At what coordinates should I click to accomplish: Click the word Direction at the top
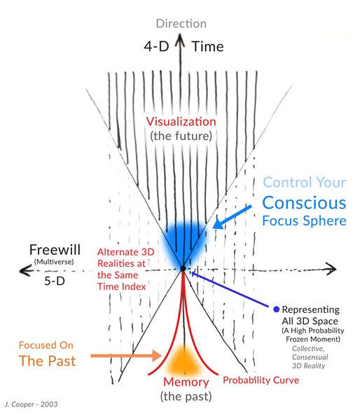point(181,24)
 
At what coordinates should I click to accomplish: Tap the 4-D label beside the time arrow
point(157,46)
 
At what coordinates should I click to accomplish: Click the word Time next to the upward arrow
point(208,47)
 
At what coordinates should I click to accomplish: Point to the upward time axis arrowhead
point(181,38)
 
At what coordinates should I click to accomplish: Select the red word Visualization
point(181,122)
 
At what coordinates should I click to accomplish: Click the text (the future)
point(181,136)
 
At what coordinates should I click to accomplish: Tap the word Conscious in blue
point(304,203)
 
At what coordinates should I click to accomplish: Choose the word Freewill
point(55,250)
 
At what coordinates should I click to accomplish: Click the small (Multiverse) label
point(54,262)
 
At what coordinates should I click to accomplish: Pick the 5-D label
point(55,281)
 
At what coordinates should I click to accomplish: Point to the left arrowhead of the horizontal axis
point(24,271)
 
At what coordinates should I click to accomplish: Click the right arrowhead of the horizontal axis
point(331,268)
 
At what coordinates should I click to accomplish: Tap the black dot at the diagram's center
point(183,268)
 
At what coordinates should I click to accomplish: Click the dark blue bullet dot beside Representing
point(277,309)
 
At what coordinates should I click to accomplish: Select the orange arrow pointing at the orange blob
point(126,356)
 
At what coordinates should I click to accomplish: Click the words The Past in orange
point(47,360)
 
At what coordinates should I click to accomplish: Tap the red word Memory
point(186,382)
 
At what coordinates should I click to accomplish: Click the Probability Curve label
point(261,380)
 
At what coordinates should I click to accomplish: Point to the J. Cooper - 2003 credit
point(31,404)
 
